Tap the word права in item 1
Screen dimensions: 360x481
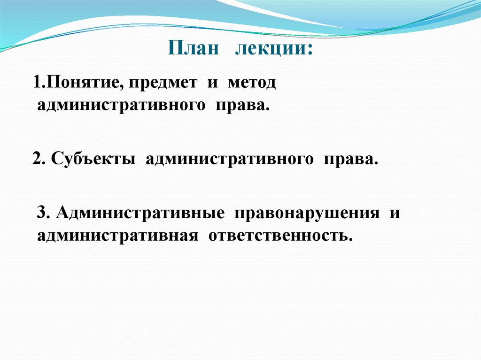click(242, 106)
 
